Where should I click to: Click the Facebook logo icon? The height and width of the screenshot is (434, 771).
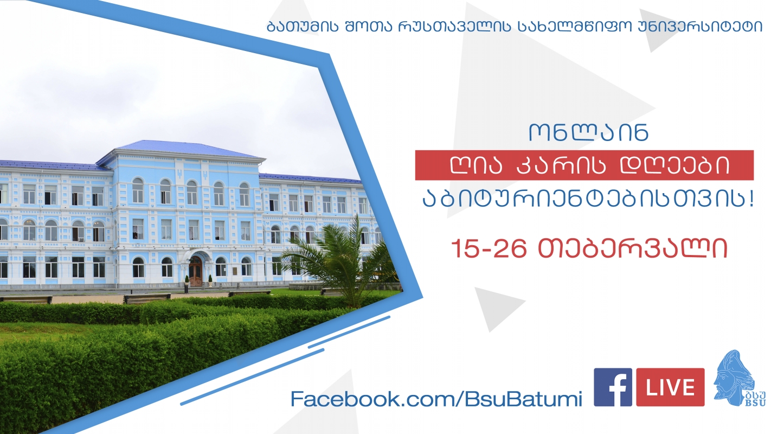tap(613, 387)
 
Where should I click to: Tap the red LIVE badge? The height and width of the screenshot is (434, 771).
tap(670, 387)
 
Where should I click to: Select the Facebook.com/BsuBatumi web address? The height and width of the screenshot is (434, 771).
tap(436, 399)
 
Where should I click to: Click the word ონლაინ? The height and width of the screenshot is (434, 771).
tap(589, 132)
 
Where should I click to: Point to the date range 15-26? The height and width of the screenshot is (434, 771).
tap(489, 248)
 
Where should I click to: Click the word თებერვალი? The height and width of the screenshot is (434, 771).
tap(633, 248)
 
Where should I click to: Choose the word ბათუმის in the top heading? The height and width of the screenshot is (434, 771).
tap(303, 26)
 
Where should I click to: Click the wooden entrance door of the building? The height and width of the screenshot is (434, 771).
tap(196, 271)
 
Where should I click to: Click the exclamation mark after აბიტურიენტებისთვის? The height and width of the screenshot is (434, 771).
tap(751, 199)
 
